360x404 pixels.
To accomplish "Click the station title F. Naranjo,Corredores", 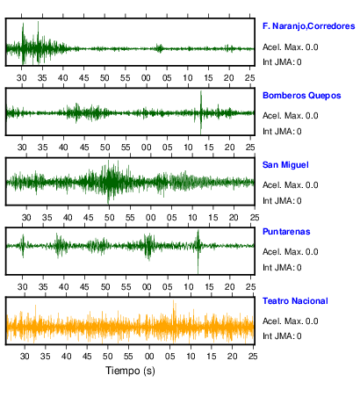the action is (309, 26).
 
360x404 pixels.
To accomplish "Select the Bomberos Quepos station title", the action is (302, 96).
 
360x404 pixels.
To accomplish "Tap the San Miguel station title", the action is (285, 165).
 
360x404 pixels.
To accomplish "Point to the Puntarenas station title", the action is (286, 232).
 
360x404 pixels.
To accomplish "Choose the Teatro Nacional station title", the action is (295, 301).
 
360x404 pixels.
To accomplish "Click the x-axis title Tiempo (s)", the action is (130, 371).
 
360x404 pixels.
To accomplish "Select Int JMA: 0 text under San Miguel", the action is (282, 201).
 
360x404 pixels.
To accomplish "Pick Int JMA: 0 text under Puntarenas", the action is (282, 268).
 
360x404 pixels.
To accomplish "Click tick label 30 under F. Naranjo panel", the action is (22, 78).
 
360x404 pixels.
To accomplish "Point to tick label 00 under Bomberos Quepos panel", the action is (147, 148).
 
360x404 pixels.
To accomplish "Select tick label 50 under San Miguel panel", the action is (109, 218).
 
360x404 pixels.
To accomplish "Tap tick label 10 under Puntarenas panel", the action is (188, 287).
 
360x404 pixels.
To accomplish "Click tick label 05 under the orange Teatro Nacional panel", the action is (169, 357).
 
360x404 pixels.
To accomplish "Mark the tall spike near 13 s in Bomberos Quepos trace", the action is (201, 112).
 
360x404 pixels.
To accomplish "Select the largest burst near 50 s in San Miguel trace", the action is (109, 182).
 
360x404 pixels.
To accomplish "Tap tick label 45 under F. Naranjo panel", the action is (83, 78).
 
